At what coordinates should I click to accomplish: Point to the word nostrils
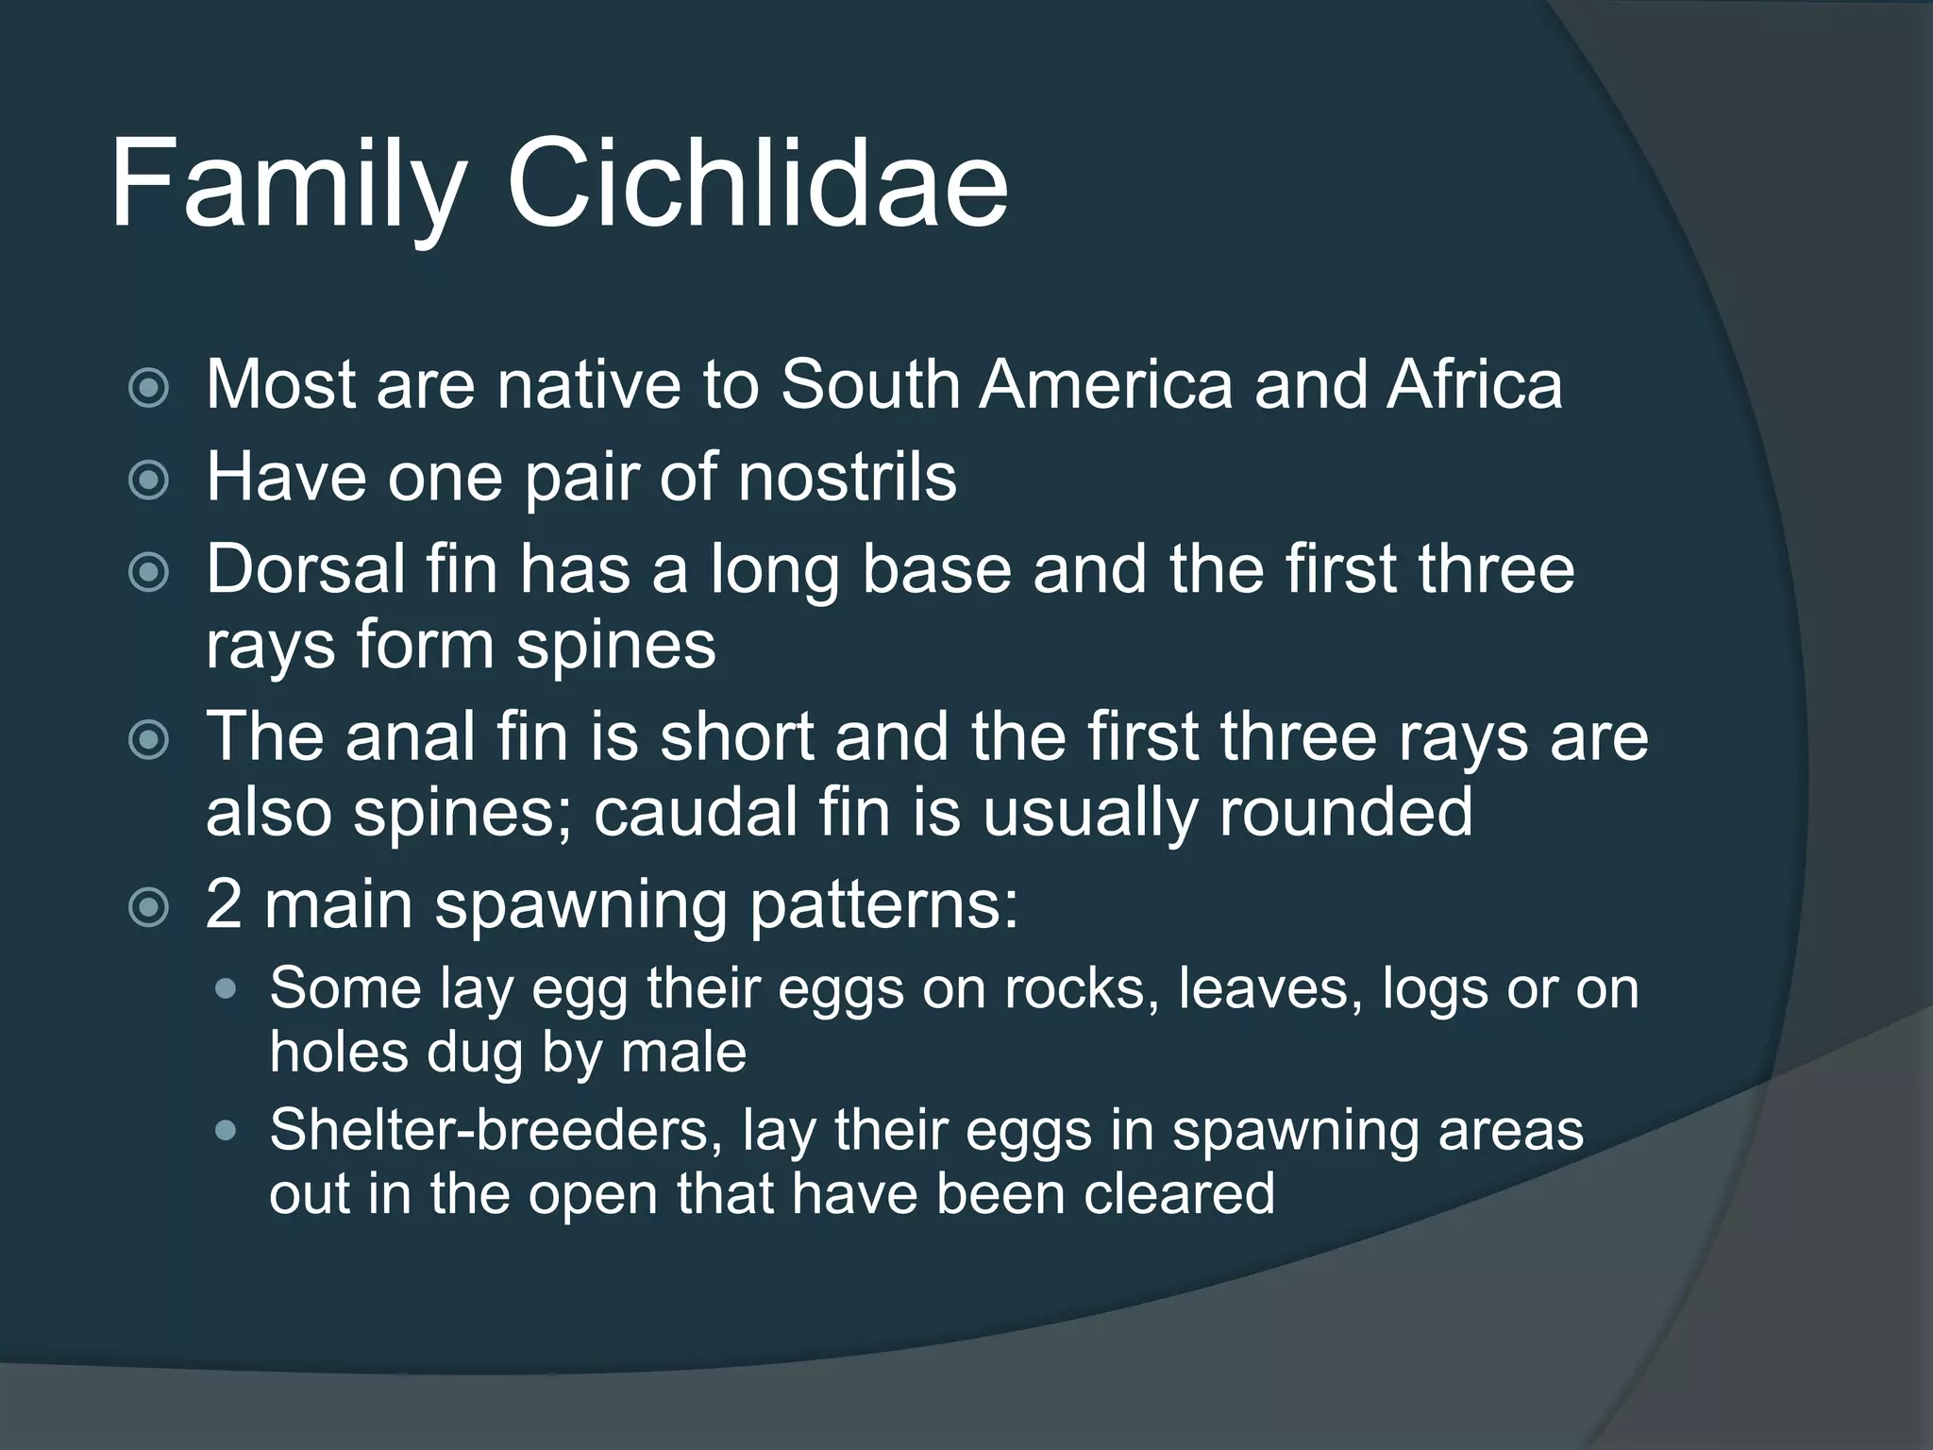click(x=847, y=476)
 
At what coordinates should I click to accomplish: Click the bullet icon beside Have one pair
click(x=148, y=480)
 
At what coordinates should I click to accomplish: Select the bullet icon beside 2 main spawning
click(x=148, y=908)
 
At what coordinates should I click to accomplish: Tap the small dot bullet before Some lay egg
click(x=227, y=989)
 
